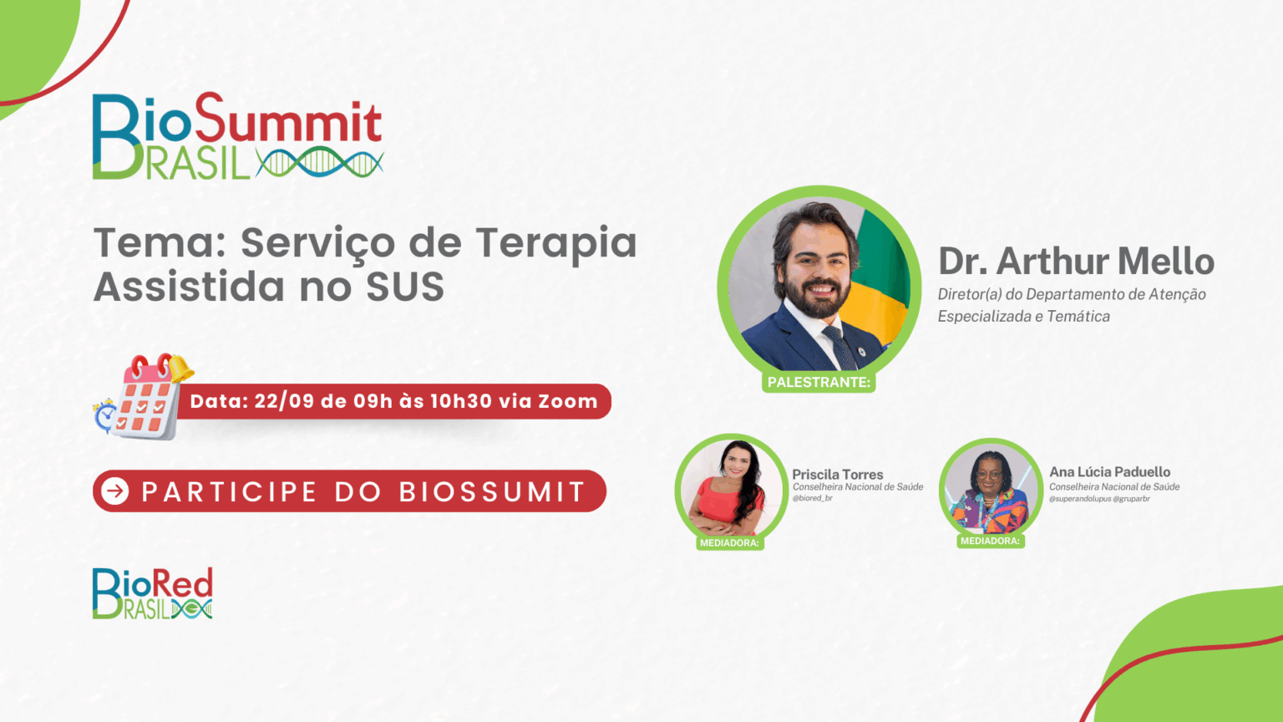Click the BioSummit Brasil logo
[x=238, y=136]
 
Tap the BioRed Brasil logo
[x=152, y=593]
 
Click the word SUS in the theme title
[x=405, y=287]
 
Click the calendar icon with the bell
[x=150, y=397]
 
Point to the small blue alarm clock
[x=105, y=415]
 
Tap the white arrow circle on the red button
[x=115, y=491]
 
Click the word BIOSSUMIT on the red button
[x=491, y=491]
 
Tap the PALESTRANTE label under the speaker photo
[x=819, y=382]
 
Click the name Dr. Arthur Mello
[x=1076, y=262]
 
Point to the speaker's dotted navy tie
[x=839, y=345]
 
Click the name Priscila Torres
[x=838, y=475]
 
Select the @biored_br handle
[x=812, y=499]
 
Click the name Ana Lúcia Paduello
[x=1109, y=471]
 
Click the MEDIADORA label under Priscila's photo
[x=729, y=542]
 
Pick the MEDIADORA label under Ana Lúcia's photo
[x=991, y=541]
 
